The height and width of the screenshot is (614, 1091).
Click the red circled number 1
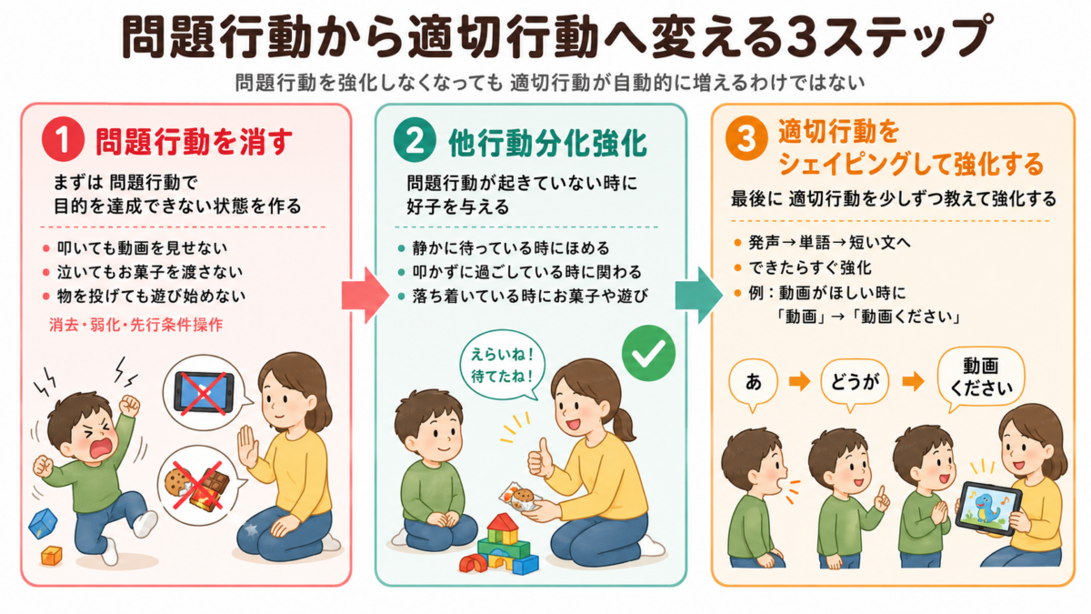(63, 139)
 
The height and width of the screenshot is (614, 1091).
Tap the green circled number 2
(415, 140)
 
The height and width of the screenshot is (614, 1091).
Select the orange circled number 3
(746, 138)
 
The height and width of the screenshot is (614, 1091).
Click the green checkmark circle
(648, 353)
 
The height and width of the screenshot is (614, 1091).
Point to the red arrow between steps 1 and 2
(365, 296)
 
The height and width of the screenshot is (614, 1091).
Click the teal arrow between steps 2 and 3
(699, 296)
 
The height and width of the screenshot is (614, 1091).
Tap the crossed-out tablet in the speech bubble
(204, 393)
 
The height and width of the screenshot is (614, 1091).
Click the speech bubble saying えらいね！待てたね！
(502, 366)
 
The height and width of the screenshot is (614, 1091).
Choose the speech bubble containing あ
(753, 383)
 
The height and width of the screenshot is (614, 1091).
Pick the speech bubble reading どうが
(855, 383)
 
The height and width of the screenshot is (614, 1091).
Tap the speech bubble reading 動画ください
(980, 377)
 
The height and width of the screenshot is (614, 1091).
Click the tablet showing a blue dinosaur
(987, 508)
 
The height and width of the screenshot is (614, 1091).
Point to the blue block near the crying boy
(43, 523)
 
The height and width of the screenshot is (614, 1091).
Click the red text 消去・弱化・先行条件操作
(135, 325)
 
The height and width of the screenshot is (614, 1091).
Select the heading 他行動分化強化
(548, 144)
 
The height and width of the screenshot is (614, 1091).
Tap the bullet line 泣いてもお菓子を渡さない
(150, 272)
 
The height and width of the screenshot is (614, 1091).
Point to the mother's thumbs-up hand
(540, 459)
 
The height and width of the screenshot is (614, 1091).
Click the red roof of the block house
(503, 522)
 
